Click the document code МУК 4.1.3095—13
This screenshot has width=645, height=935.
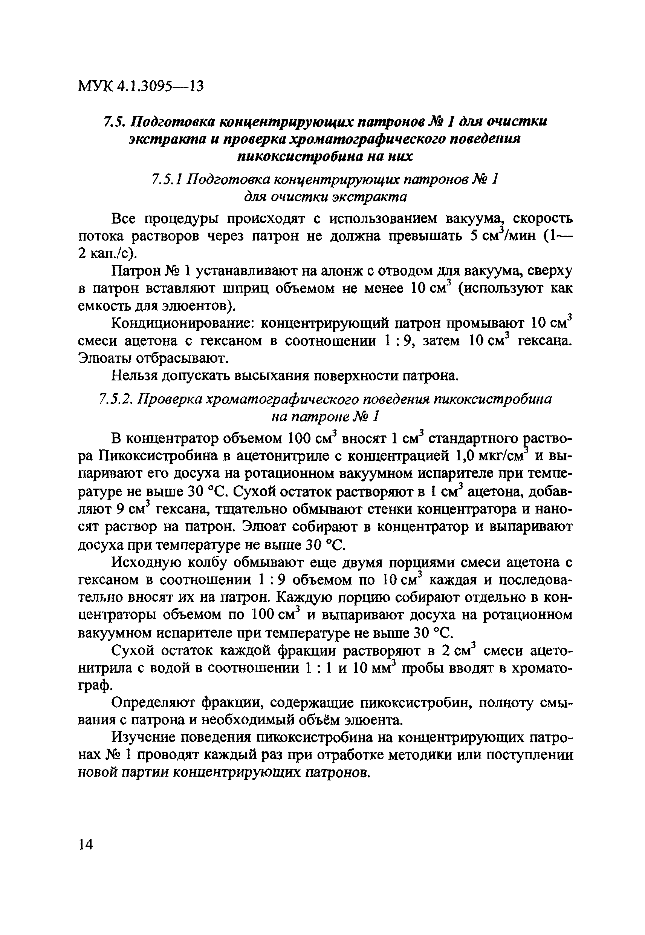[x=141, y=86]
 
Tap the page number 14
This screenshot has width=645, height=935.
[x=86, y=845]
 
